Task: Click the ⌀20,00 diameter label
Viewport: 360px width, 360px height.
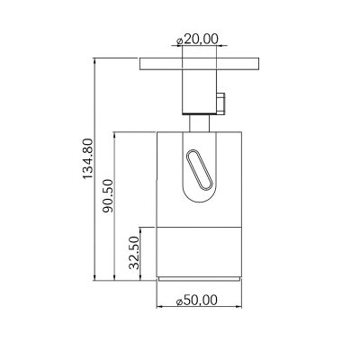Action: click(201, 40)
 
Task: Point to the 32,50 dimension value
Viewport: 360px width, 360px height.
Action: click(134, 252)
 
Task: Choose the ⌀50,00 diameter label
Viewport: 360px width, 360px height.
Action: click(199, 300)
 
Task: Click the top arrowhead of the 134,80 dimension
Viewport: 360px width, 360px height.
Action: click(96, 61)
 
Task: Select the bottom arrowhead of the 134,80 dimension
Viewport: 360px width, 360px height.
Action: click(96, 275)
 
